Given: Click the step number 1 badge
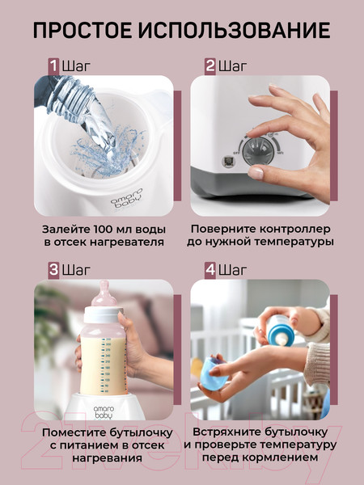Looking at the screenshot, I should [53, 65].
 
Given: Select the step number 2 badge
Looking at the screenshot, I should [210, 65].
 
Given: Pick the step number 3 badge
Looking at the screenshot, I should [53, 269].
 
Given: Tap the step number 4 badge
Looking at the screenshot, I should [210, 269].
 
